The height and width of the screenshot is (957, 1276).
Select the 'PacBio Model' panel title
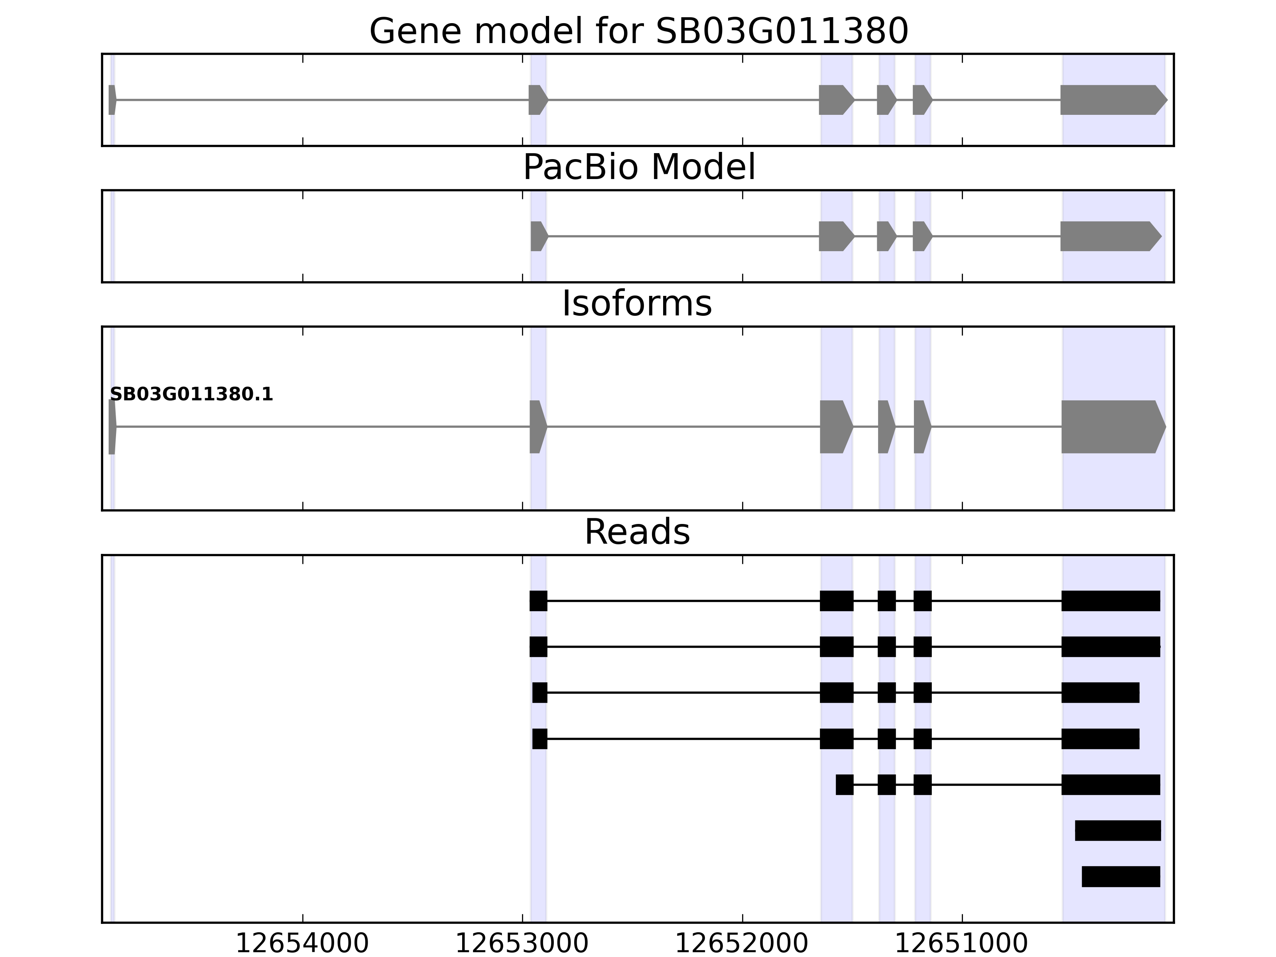point(638,167)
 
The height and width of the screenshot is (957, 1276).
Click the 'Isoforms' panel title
point(637,304)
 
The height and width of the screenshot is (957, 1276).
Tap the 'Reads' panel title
point(637,532)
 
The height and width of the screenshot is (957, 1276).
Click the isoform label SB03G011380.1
point(191,395)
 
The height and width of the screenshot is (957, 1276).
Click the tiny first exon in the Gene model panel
point(112,100)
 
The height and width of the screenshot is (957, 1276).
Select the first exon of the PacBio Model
point(538,236)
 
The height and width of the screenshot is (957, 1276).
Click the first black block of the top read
point(538,601)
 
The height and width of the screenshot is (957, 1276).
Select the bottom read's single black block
point(1120,876)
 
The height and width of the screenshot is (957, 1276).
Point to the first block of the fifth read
point(845,784)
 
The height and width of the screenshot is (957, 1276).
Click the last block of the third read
point(1100,692)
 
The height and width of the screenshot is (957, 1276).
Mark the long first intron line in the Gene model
point(323,100)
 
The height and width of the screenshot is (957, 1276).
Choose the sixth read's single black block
point(1117,830)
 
